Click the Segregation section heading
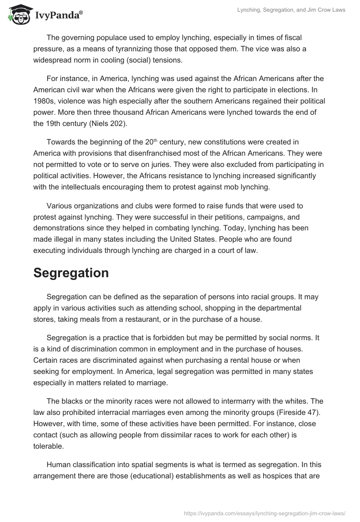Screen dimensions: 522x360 pos(71,273)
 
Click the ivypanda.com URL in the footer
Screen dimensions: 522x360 pos(265,513)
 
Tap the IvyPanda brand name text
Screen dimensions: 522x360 pos(56,15)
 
